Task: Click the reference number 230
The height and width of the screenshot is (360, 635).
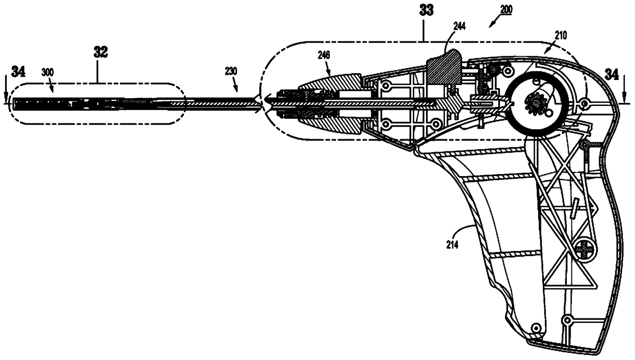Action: click(231, 72)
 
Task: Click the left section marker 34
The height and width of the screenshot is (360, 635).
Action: click(18, 72)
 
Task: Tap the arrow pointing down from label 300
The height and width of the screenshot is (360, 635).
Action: click(54, 89)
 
